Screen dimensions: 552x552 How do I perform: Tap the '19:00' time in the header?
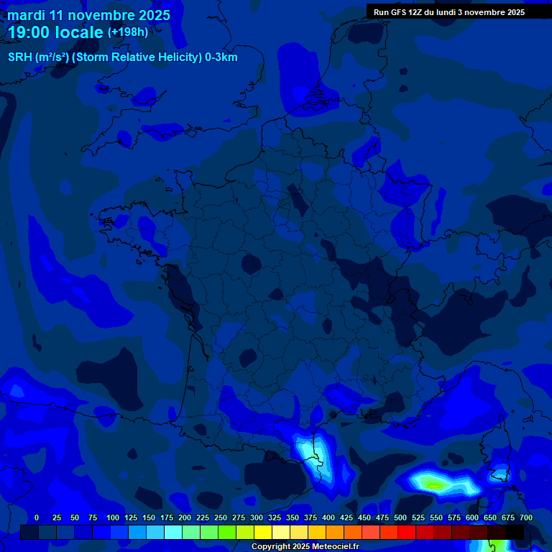[28, 32]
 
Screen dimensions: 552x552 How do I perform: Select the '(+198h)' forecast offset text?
[128, 32]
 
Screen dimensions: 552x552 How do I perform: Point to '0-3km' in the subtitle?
[221, 57]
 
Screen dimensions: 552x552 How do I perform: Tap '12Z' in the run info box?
[416, 12]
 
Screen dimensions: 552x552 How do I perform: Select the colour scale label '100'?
[113, 517]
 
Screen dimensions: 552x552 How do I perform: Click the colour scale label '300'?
[257, 517]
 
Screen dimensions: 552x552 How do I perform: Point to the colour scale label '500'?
[400, 517]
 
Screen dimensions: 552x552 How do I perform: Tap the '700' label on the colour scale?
[526, 517]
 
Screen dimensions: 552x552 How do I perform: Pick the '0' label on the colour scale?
[37, 517]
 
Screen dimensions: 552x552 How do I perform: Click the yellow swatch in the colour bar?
[263, 533]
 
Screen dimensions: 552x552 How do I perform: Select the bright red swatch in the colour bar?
[407, 533]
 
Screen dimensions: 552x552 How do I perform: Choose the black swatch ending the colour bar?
[515, 533]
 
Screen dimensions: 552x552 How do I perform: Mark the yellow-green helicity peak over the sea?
[432, 484]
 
